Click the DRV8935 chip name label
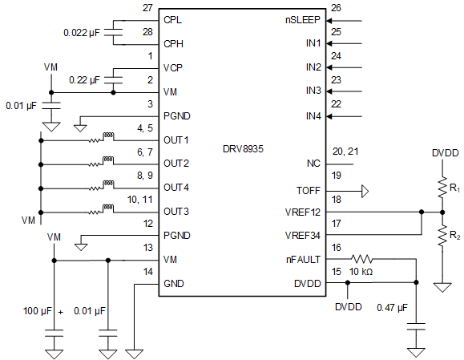pyautogui.click(x=244, y=148)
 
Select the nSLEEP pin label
pyautogui.click(x=302, y=18)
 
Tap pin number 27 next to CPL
pyautogui.click(x=147, y=7)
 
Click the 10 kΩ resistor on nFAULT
pyautogui.click(x=362, y=259)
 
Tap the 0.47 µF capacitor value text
pyautogui.click(x=391, y=307)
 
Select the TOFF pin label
pyautogui.click(x=308, y=191)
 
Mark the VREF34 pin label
pyautogui.click(x=303, y=236)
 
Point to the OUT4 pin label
pyautogui.click(x=176, y=188)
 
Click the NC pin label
pyautogui.click(x=313, y=164)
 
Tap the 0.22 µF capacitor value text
pyautogui.click(x=85, y=80)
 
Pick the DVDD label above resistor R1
pyautogui.click(x=446, y=152)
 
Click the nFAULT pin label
pyautogui.click(x=303, y=259)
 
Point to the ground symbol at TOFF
pyautogui.click(x=364, y=191)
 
